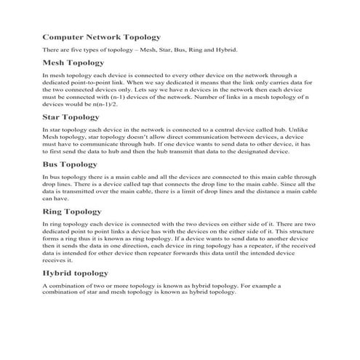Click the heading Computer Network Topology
pos(101,36)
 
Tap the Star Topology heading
pos(71,116)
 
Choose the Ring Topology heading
pos(73,211)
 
